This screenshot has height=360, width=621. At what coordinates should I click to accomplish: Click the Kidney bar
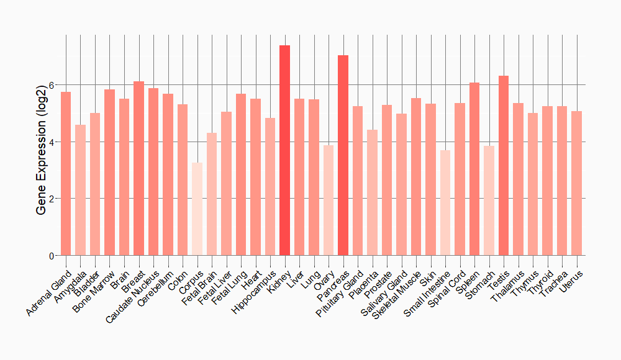point(284,150)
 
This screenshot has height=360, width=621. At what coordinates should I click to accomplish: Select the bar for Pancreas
point(343,155)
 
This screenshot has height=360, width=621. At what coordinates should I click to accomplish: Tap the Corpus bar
point(197,209)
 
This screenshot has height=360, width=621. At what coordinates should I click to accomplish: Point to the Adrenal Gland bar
point(66,174)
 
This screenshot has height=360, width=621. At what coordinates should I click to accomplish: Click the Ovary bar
point(329,200)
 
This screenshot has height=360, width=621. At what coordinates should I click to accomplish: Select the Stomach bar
point(489,200)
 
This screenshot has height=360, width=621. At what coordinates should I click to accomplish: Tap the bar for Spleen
point(474,169)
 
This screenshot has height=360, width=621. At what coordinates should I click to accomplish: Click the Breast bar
point(138,168)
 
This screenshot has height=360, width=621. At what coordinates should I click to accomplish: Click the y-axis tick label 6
point(52,85)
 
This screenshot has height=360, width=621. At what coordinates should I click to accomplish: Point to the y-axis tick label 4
point(52,142)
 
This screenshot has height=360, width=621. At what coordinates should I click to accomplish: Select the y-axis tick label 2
point(52,199)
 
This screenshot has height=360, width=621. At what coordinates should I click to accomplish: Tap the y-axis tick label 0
point(52,256)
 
